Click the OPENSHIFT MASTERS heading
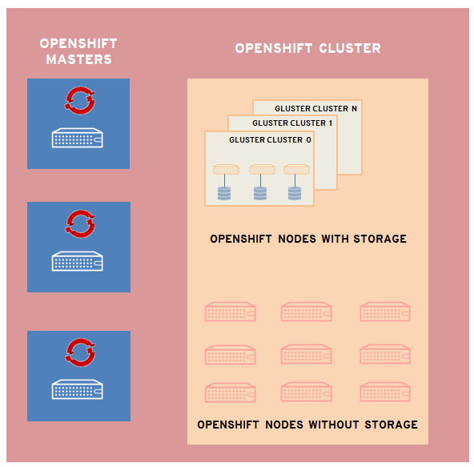78,51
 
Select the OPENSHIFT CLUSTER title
307,49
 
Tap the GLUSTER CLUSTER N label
315,108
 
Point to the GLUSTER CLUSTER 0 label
270,140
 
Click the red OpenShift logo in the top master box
79,99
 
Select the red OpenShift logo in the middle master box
79,223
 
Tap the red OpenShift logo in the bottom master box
79,351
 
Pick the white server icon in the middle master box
78,262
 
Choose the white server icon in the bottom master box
78,390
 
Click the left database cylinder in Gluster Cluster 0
224,193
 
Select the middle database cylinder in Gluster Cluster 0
260,193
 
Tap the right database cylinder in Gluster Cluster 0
295,193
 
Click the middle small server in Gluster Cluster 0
261,170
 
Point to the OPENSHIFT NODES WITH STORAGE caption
308,239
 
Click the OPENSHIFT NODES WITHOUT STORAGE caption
307,425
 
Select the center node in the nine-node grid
307,354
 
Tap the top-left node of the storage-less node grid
231,312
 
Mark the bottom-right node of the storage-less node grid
385,393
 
